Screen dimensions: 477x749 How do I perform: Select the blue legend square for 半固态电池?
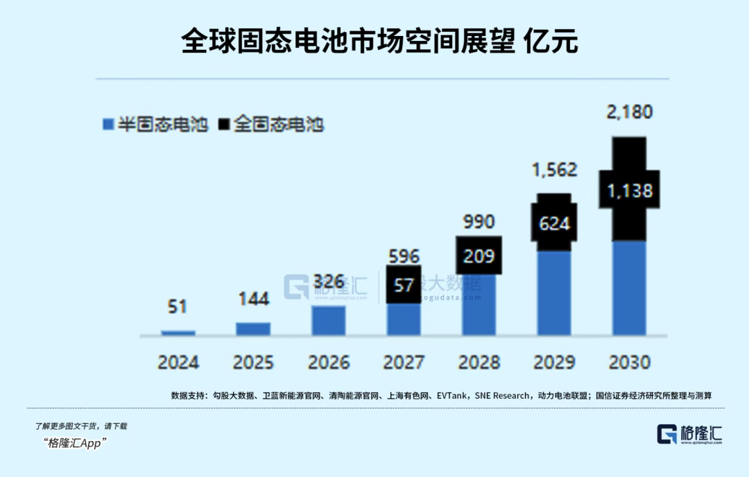pyautogui.click(x=107, y=125)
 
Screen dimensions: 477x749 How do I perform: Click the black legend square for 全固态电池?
pyautogui.click(x=223, y=125)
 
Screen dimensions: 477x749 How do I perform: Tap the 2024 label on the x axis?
pyautogui.click(x=178, y=362)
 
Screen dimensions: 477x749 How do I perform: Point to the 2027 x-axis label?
pyautogui.click(x=404, y=362)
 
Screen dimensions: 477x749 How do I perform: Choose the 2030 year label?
pyautogui.click(x=629, y=362)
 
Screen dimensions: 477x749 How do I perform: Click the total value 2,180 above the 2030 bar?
pyautogui.click(x=629, y=112)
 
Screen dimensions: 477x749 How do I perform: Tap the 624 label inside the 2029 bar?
pyautogui.click(x=554, y=223)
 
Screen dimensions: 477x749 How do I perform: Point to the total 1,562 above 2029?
pyautogui.click(x=554, y=169)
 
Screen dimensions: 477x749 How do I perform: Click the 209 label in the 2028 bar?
pyautogui.click(x=479, y=256)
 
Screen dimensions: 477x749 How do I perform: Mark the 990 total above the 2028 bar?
pyautogui.click(x=479, y=222)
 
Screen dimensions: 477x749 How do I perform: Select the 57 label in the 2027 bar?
pyautogui.click(x=404, y=284)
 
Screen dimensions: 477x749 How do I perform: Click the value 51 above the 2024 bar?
pyautogui.click(x=178, y=306)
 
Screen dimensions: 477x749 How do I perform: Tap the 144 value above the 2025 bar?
pyautogui.click(x=253, y=299)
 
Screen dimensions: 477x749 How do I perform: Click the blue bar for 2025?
pyautogui.click(x=253, y=329)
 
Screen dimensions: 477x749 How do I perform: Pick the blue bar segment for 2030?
pyautogui.click(x=629, y=288)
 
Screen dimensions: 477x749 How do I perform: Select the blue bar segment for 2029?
pyautogui.click(x=554, y=293)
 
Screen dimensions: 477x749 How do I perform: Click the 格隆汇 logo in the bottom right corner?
pyautogui.click(x=689, y=435)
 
